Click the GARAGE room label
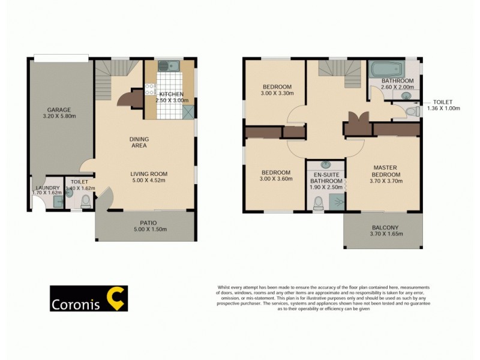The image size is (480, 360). [59, 110]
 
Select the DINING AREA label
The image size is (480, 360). [139, 142]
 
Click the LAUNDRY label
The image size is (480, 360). [47, 188]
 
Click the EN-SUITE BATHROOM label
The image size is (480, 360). [326, 178]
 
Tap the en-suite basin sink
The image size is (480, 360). [326, 164]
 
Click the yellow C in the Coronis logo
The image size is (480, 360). [115, 298]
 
